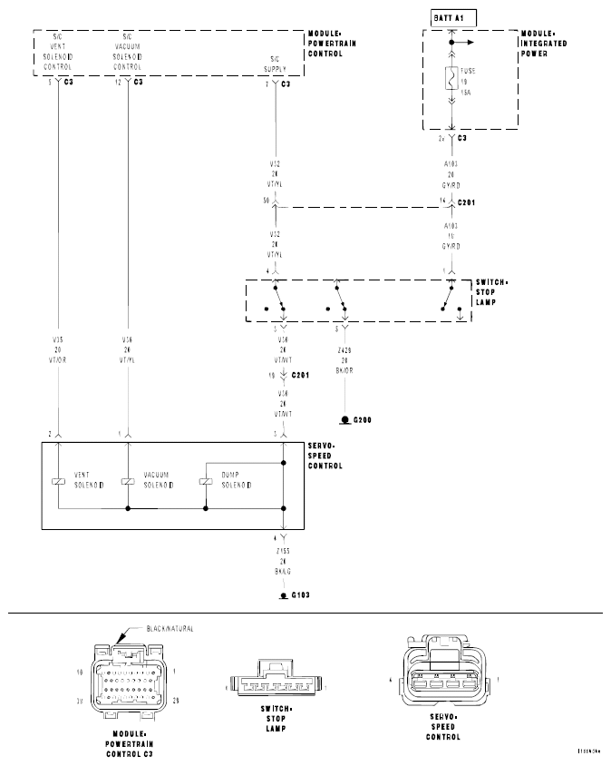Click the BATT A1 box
pos(449,17)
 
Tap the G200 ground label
pos(361,421)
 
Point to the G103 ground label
pos(298,595)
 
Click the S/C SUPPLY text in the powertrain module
pos(274,66)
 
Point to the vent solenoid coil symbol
pos(58,480)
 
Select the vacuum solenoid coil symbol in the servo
pos(128,480)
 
